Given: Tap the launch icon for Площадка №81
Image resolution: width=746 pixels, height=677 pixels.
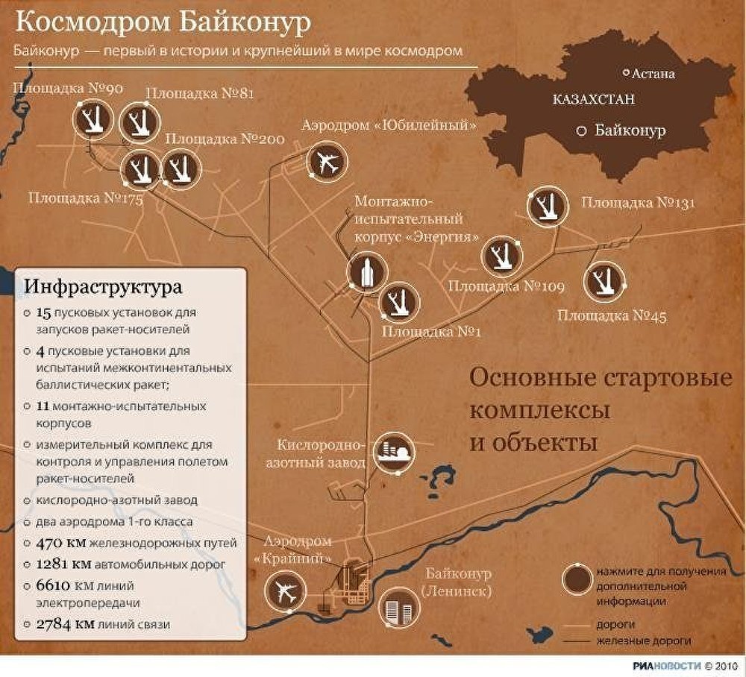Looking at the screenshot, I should (140, 122).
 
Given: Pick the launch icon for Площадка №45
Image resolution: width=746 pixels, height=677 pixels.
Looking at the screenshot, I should (604, 282).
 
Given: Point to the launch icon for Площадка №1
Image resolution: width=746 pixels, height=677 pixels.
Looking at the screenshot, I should (399, 302).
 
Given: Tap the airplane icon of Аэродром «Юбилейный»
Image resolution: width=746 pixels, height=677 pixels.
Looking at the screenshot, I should (327, 161).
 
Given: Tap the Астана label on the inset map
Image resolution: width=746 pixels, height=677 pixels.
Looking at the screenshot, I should (653, 74).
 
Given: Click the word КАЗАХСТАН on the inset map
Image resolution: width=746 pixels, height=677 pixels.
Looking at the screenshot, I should (594, 98).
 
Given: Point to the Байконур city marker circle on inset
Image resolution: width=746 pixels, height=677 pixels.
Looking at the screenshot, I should (581, 131).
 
